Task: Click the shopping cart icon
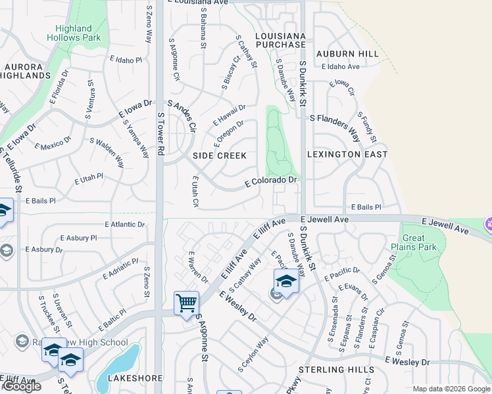(x=187, y=303)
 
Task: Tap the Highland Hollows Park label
(x=74, y=33)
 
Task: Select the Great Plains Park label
(x=419, y=243)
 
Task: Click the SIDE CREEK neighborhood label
(x=220, y=156)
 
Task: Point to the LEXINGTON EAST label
(x=347, y=154)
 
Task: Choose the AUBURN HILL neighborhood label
(x=348, y=54)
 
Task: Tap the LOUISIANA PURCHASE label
(x=280, y=40)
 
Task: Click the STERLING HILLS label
(x=336, y=370)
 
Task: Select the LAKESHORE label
(x=130, y=378)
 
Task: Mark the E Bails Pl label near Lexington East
(x=366, y=207)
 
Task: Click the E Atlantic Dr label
(x=124, y=225)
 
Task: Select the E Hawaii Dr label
(x=230, y=116)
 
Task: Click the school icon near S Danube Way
(x=286, y=281)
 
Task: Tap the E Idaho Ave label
(x=341, y=67)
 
